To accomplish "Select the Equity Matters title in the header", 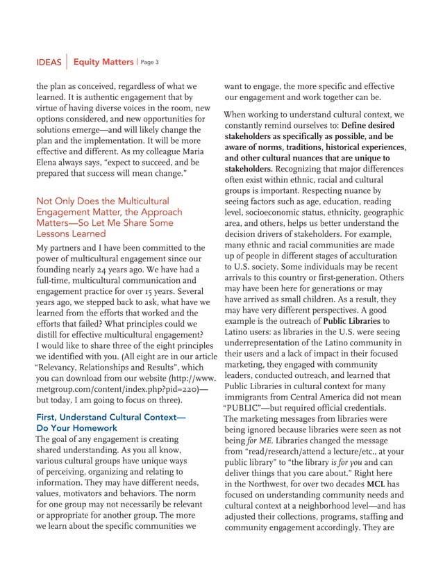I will (x=103, y=63).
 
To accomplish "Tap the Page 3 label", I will (x=150, y=63).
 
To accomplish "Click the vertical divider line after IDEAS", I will (x=66, y=62).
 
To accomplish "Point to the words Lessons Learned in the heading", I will (x=71, y=234).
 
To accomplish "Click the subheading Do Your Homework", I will (x=76, y=428).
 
